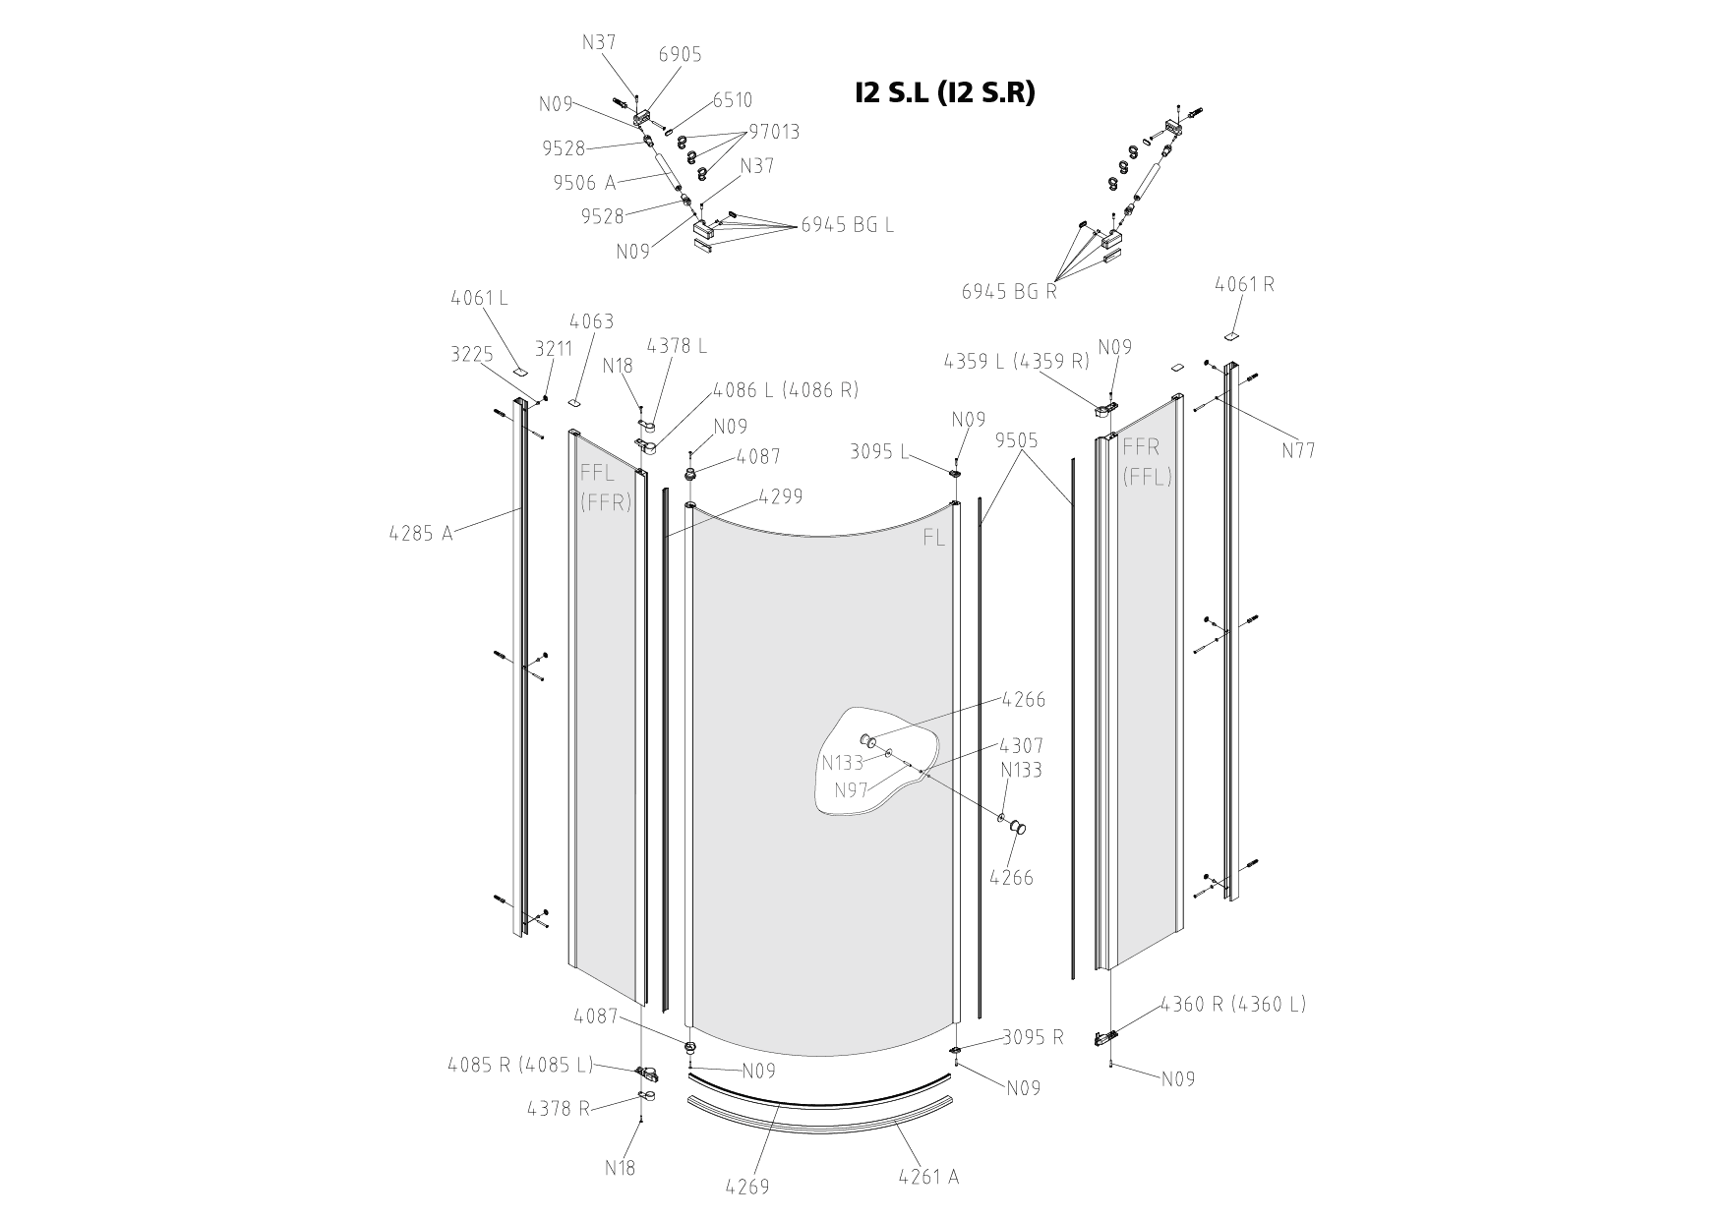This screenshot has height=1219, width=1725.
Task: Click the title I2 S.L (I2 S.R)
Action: (x=945, y=92)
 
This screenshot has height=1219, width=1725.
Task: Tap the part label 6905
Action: (x=680, y=54)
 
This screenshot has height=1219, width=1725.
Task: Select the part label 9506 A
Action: (x=584, y=182)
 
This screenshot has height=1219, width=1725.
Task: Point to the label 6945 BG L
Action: (x=847, y=224)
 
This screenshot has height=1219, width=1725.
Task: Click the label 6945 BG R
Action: (x=1009, y=291)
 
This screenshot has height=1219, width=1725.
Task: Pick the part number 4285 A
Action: (x=421, y=534)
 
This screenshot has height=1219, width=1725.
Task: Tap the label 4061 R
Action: (x=1244, y=284)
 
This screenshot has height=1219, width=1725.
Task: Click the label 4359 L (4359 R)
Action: (x=1017, y=361)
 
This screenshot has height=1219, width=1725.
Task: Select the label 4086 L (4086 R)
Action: (x=786, y=389)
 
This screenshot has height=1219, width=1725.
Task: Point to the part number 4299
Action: (x=781, y=496)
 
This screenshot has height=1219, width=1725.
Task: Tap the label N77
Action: (x=1298, y=450)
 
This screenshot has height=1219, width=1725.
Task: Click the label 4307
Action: (x=1022, y=746)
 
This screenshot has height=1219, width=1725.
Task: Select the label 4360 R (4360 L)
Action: (x=1233, y=1004)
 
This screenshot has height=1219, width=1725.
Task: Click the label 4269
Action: (x=747, y=1187)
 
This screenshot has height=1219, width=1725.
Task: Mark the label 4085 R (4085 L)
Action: (x=520, y=1065)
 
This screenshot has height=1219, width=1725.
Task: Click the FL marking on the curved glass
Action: (x=933, y=539)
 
